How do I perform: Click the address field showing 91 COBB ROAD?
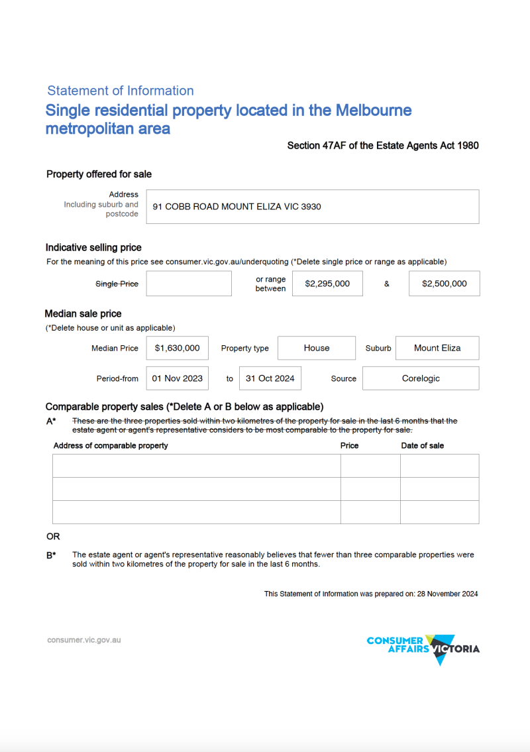(x=311, y=207)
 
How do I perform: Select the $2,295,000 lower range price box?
(x=327, y=284)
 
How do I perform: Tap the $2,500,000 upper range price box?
(x=444, y=284)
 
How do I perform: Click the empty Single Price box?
(x=189, y=284)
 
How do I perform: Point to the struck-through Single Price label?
(x=117, y=284)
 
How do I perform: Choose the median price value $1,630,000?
(x=177, y=348)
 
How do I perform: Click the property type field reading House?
(x=317, y=348)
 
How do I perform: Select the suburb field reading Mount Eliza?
(x=437, y=348)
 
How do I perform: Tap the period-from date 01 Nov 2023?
(x=177, y=378)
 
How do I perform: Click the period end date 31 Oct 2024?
(x=270, y=378)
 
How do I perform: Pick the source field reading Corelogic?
(x=421, y=378)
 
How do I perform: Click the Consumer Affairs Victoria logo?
(x=423, y=649)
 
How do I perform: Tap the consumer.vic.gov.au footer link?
(x=84, y=640)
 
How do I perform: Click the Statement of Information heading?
(x=121, y=91)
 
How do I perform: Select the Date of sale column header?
(x=423, y=445)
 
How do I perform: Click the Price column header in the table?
(x=349, y=445)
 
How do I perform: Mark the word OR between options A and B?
(x=53, y=536)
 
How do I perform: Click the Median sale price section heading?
(x=83, y=313)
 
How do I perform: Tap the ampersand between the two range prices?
(x=386, y=284)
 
